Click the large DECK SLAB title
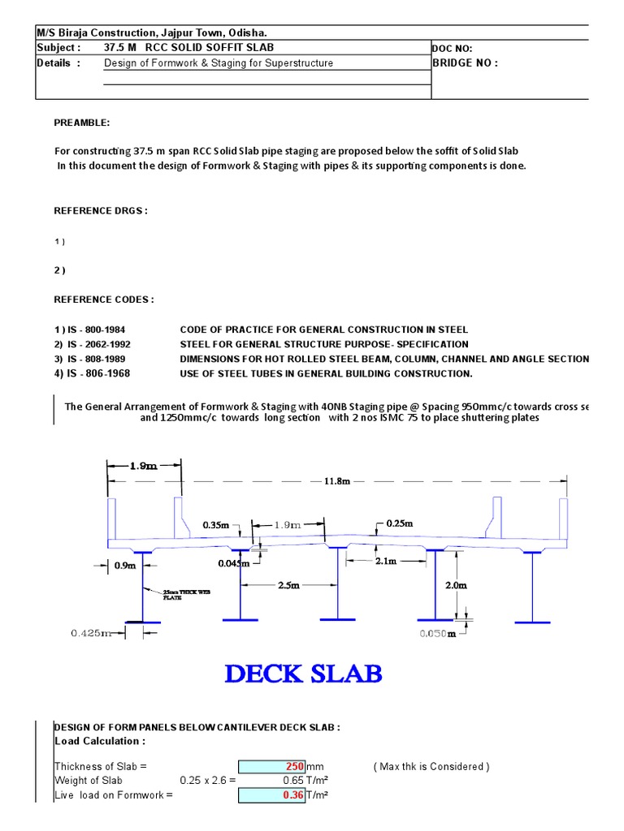303,674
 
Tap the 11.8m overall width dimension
337,480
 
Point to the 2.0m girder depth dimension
457,585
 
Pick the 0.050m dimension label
438,634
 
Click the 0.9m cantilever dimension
125,565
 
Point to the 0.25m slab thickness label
400,523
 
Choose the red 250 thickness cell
271,766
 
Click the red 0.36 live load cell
271,795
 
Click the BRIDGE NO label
465,63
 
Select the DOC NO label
452,49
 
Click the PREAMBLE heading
81,123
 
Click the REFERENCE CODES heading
103,299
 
